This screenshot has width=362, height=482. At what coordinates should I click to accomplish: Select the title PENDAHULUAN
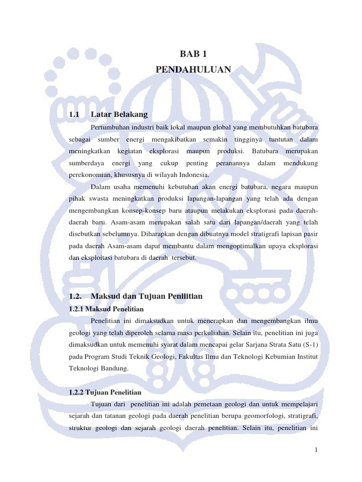click(x=193, y=70)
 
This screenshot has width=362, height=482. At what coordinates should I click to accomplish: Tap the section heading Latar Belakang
click(x=119, y=114)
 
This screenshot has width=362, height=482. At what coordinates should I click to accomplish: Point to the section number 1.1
click(x=74, y=114)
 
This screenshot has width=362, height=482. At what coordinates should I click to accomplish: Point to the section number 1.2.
click(x=75, y=296)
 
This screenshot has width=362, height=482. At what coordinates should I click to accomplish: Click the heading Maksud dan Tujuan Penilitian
click(x=147, y=296)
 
